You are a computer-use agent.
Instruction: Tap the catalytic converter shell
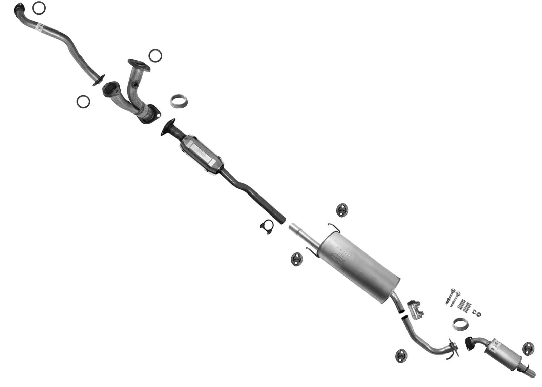pos(201,154)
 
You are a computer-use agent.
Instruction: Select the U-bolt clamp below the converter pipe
pos(267,227)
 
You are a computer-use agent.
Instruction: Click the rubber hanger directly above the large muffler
pos(342,210)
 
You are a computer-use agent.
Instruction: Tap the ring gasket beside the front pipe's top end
pos(39,8)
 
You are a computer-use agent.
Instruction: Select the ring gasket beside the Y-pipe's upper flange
pos(155,56)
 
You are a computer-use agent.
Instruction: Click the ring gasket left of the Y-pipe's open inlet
pos(83,102)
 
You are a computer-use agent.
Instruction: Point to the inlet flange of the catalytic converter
pos(168,127)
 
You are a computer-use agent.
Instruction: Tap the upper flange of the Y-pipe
pos(139,65)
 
